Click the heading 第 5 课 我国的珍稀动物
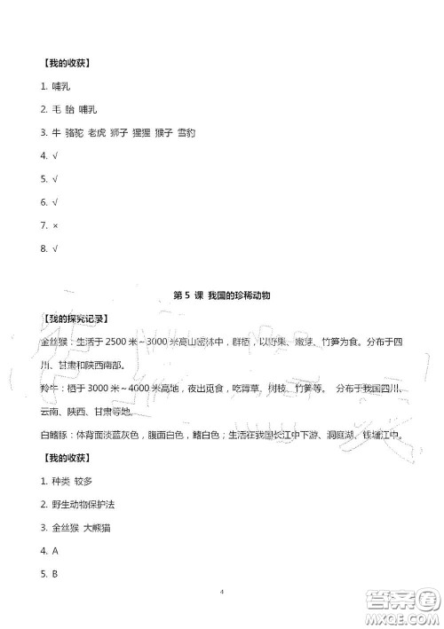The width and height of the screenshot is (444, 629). [221, 295]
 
